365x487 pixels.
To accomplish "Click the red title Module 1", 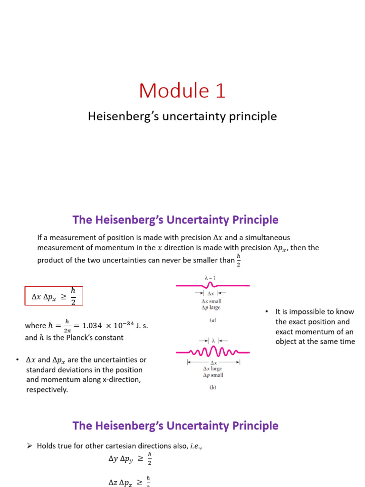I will coord(182,91).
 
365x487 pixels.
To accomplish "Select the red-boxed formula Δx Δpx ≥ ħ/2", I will coord(54,296).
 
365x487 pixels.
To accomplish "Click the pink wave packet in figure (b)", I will coord(212,353).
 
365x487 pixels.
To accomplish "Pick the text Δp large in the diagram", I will coord(211,308).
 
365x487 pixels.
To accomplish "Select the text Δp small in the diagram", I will coord(212,375).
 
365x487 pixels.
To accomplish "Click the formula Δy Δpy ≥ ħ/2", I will coord(130,459).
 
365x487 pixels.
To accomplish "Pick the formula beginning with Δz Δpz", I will coord(130,481).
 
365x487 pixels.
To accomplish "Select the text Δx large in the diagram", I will coord(212,369).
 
